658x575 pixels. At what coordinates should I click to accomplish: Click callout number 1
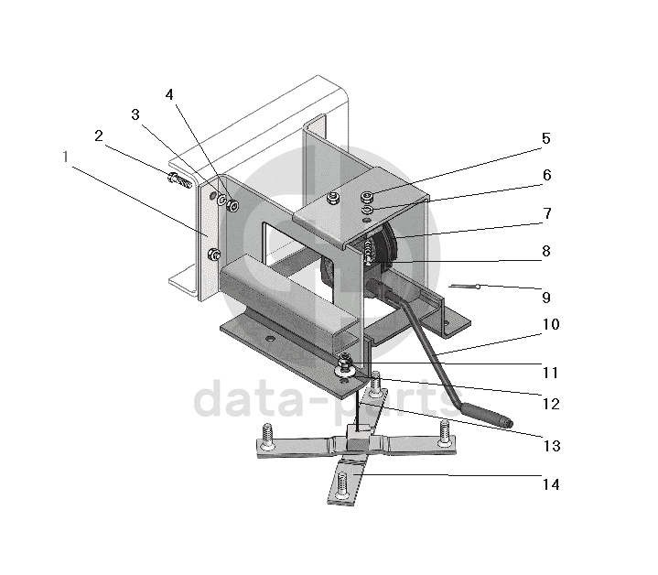click(x=66, y=157)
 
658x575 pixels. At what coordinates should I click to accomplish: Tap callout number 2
click(x=98, y=136)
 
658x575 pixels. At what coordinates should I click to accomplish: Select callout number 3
click(x=135, y=114)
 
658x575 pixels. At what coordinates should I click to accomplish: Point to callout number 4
click(x=170, y=94)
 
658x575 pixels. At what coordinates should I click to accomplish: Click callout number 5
click(x=545, y=139)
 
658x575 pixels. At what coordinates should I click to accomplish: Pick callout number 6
click(x=545, y=174)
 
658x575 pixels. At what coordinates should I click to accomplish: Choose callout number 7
click(x=545, y=213)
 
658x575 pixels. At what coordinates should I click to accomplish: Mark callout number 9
click(x=545, y=297)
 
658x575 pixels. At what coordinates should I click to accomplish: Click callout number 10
click(x=550, y=325)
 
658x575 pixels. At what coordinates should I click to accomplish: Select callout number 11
click(x=550, y=373)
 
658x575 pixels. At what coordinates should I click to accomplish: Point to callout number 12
click(x=550, y=403)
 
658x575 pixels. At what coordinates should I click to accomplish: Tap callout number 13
click(x=550, y=446)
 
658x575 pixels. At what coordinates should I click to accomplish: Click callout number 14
click(x=550, y=483)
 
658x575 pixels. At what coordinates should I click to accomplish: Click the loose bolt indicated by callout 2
click(x=178, y=179)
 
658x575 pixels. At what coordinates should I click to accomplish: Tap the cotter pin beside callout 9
click(x=466, y=288)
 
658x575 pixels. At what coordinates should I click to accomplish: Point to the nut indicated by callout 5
click(x=367, y=196)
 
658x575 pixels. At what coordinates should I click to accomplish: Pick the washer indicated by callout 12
click(x=346, y=370)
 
